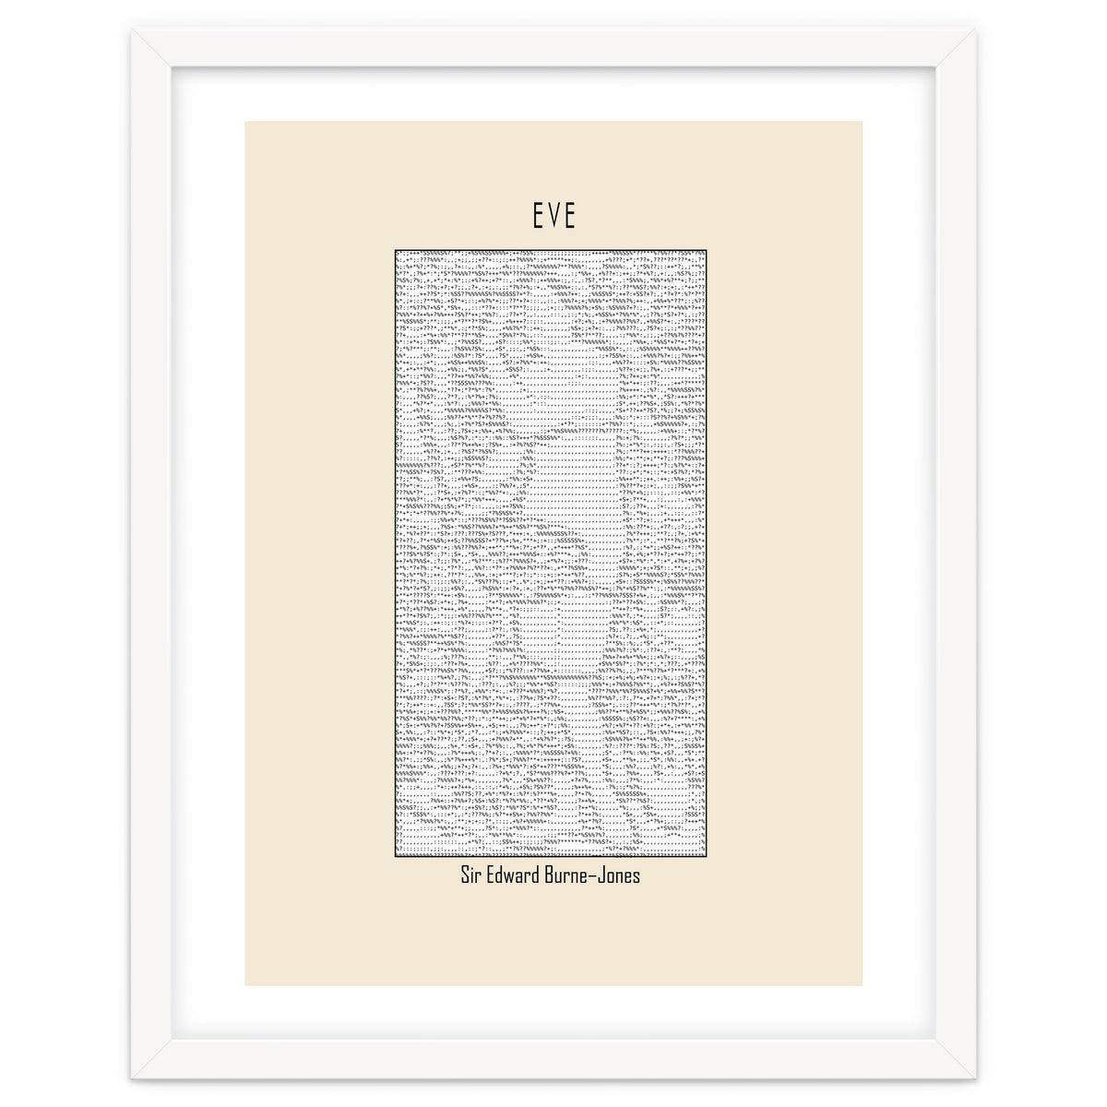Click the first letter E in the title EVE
(x=538, y=216)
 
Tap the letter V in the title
(x=553, y=216)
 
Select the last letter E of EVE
(x=569, y=216)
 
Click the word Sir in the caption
(x=472, y=875)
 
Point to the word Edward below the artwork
(x=517, y=875)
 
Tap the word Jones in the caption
(x=621, y=875)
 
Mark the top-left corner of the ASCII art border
(x=395, y=249)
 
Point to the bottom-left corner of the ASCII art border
(x=395, y=857)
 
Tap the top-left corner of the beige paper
(x=245, y=122)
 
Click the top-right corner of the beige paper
(x=863, y=122)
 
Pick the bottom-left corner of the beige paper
(x=245, y=985)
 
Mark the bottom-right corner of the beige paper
(x=863, y=985)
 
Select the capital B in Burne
(x=555, y=875)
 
